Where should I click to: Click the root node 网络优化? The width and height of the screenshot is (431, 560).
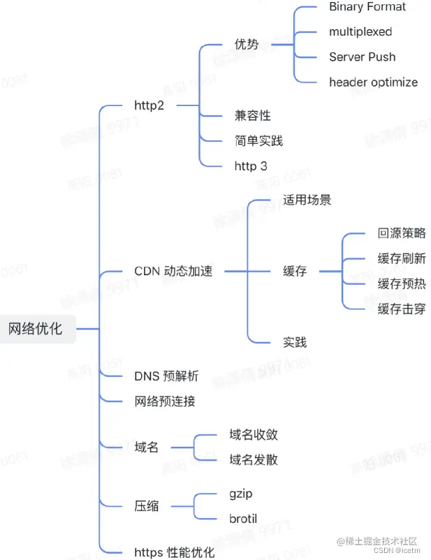tap(36, 328)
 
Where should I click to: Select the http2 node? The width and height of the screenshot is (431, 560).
tap(149, 105)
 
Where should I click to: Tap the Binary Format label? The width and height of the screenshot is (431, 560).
tap(367, 7)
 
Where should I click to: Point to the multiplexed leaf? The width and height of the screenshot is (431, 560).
tap(360, 31)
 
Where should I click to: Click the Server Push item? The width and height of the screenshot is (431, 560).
tap(362, 57)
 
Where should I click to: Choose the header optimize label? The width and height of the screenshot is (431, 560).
tap(373, 82)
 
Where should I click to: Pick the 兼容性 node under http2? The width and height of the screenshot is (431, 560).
tap(252, 116)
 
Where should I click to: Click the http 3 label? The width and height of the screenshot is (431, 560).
tap(251, 165)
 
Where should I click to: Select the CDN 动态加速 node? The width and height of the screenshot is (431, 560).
tap(173, 271)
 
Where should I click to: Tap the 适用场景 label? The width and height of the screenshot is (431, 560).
tap(307, 200)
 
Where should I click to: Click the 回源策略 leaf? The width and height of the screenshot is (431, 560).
tap(402, 233)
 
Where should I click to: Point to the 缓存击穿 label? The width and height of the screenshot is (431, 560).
tap(402, 309)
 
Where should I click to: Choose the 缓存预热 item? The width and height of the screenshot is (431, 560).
tap(402, 283)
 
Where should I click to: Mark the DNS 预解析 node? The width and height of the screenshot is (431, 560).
tap(166, 376)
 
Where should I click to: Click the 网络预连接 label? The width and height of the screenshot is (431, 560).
tap(165, 401)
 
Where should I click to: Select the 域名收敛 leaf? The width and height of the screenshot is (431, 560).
tap(254, 434)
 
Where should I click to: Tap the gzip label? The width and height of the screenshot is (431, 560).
tap(241, 494)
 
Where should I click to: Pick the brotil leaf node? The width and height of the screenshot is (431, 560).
tap(243, 519)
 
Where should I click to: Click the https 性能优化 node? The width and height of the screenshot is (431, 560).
tap(174, 552)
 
